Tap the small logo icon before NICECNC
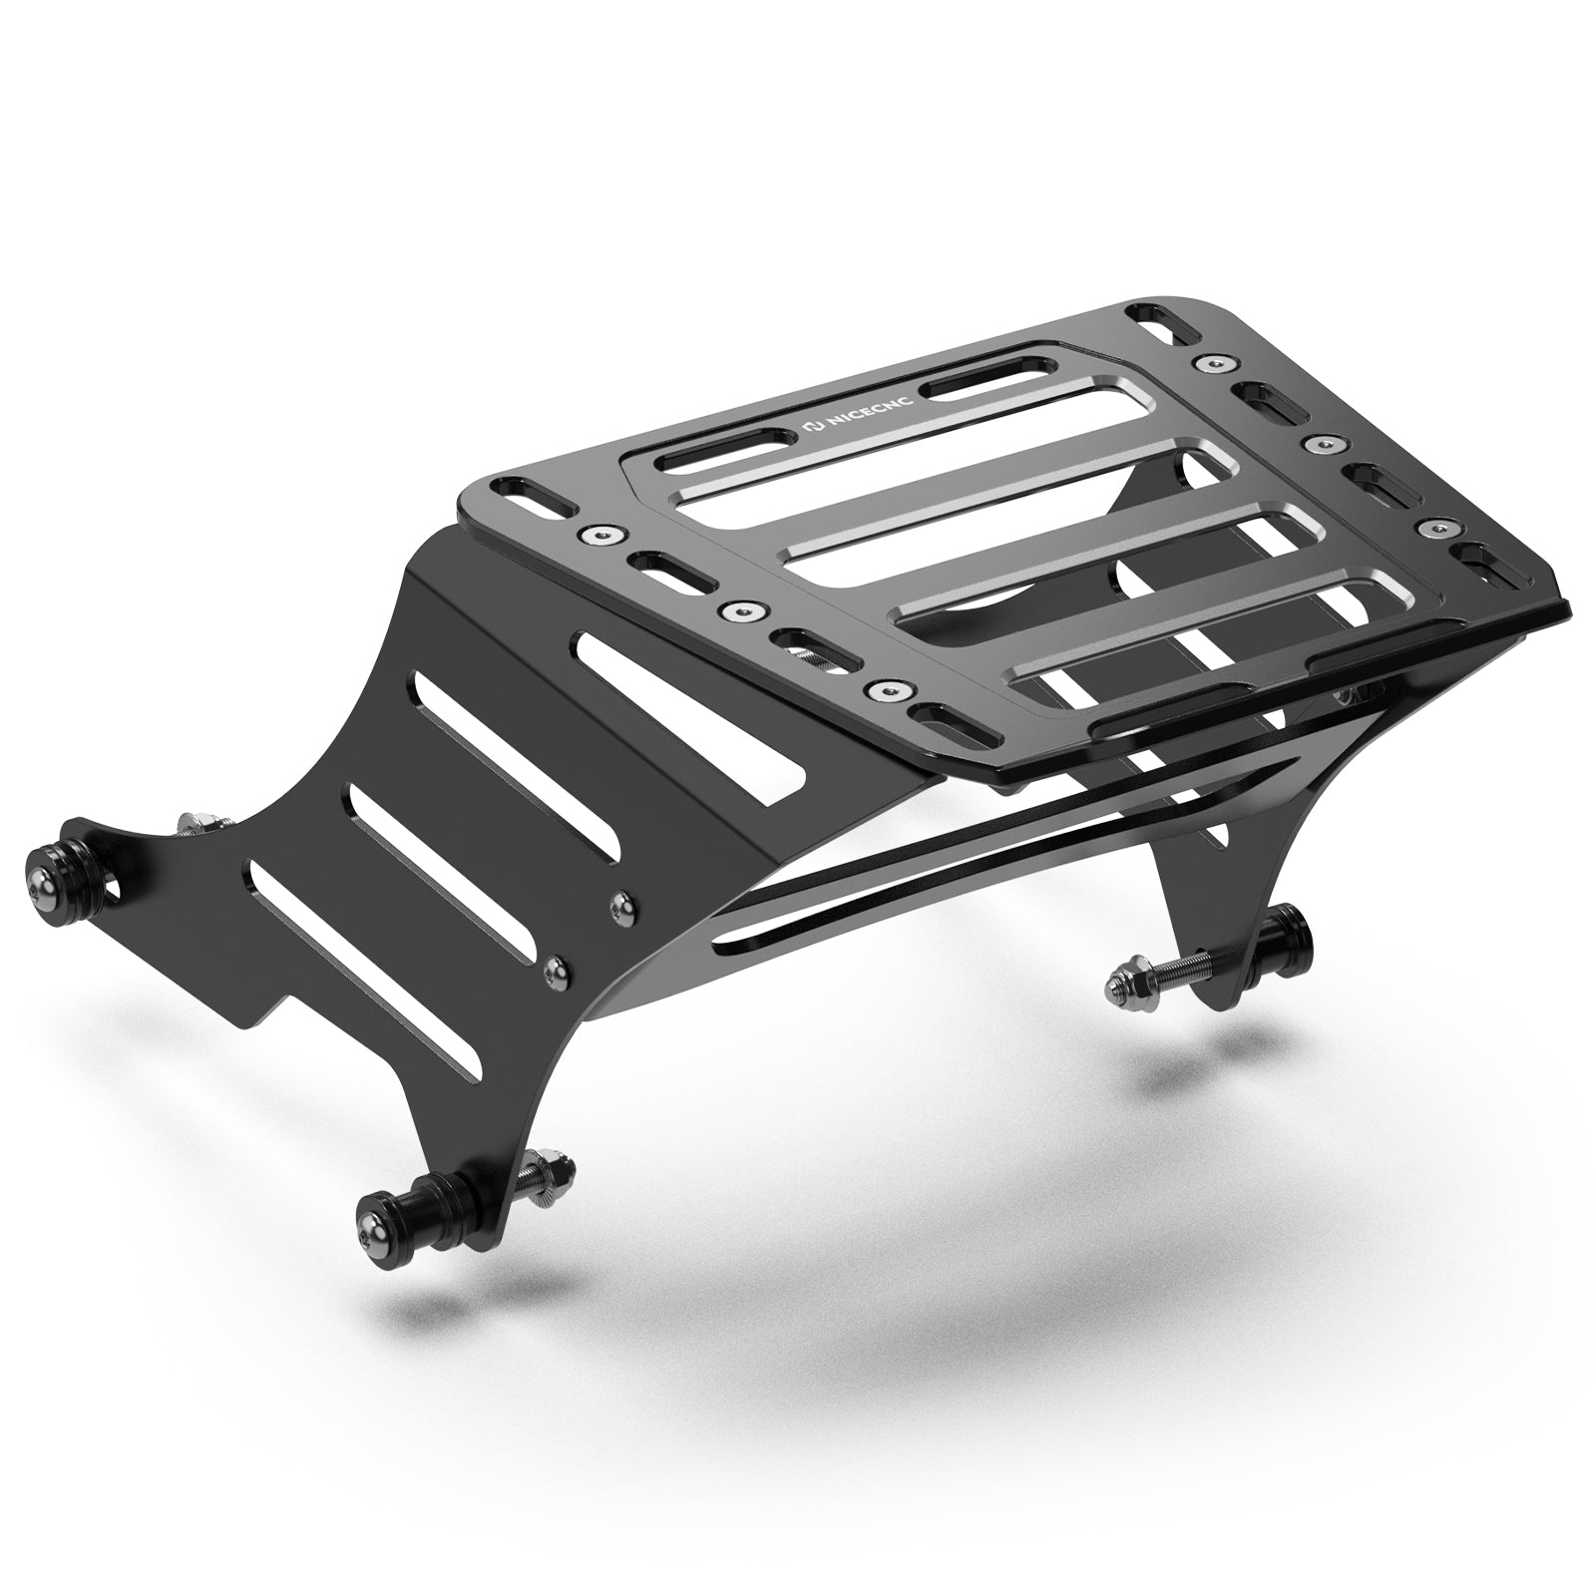click(x=812, y=429)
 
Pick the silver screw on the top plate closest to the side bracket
click(x=881, y=689)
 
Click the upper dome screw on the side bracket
click(x=621, y=902)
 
